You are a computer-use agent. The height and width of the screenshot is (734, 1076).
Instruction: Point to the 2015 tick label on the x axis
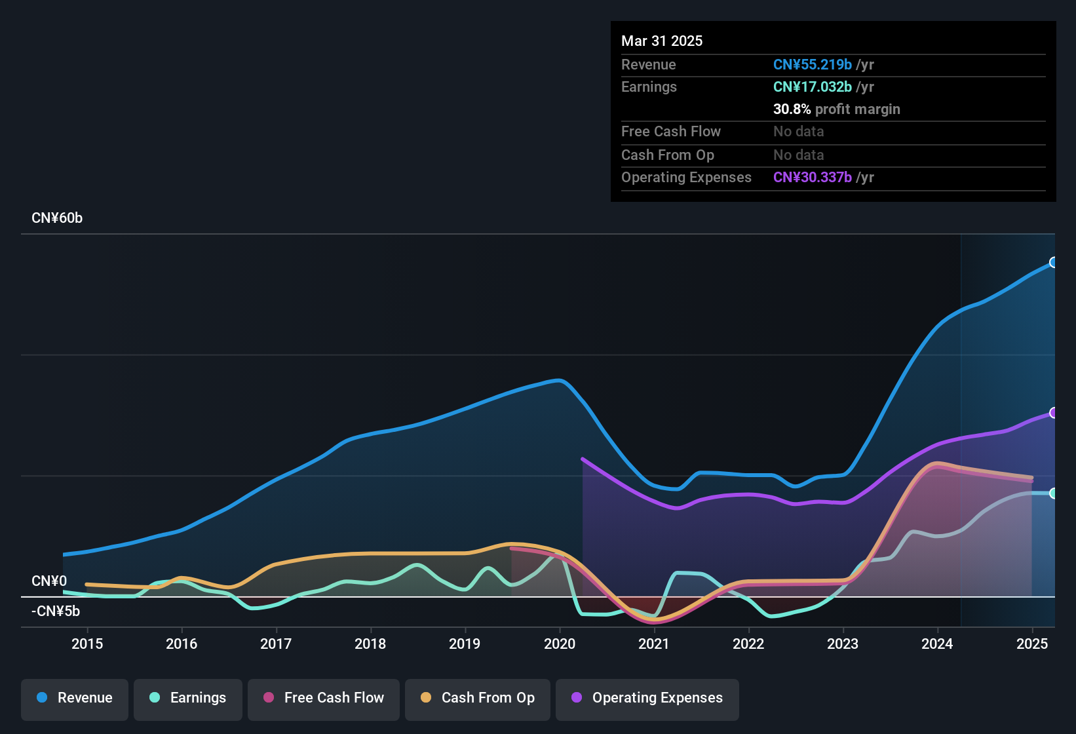(x=87, y=644)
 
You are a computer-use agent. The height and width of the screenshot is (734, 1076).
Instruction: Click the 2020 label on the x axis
(x=560, y=644)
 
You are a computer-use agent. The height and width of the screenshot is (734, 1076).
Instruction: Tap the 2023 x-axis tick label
(x=843, y=644)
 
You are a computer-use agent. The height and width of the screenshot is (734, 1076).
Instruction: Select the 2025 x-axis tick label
(x=1032, y=644)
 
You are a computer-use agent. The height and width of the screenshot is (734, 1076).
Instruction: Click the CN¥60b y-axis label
(x=57, y=218)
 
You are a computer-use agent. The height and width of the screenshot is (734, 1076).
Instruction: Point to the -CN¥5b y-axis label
(x=56, y=611)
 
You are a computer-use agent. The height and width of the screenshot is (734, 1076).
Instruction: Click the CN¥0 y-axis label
(x=49, y=581)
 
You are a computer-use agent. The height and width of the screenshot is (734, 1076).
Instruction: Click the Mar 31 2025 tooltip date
(x=661, y=41)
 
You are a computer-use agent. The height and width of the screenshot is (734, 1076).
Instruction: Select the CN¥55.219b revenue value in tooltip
(x=813, y=64)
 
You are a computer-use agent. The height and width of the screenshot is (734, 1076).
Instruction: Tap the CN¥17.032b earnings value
(x=813, y=87)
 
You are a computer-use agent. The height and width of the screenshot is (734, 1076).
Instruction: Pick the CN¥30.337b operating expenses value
(x=813, y=177)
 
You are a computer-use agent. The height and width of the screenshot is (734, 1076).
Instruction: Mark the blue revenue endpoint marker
(x=1052, y=262)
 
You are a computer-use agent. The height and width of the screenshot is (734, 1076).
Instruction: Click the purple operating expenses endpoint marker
(x=1052, y=413)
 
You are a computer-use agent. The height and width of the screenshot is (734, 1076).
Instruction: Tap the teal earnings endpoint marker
(x=1052, y=493)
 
